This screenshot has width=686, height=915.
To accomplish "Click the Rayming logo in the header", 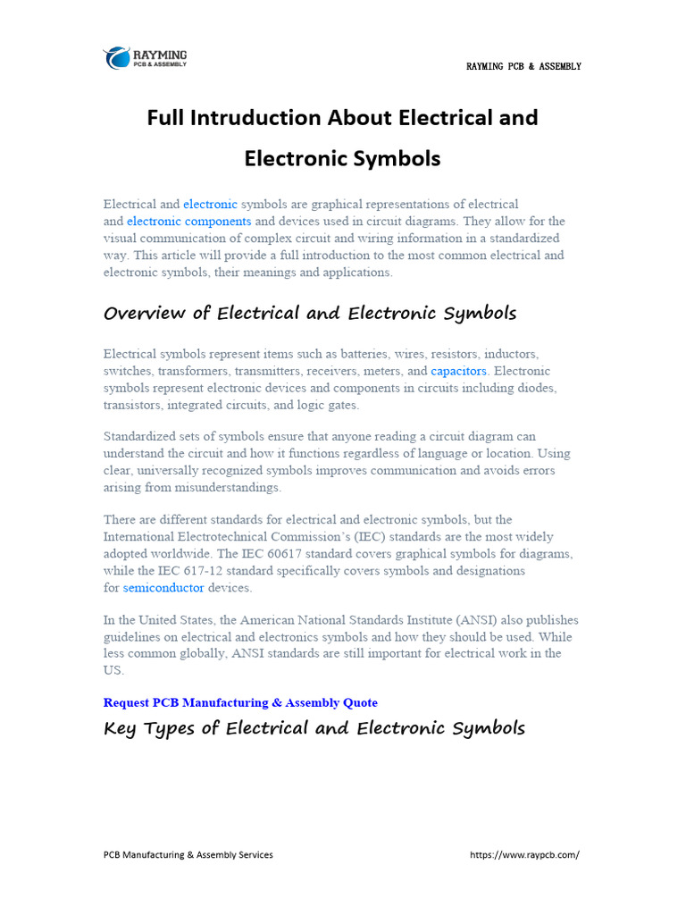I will [x=145, y=58].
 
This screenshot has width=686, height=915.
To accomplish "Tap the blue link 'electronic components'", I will [x=188, y=222].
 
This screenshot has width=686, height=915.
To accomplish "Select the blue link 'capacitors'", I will [x=458, y=371].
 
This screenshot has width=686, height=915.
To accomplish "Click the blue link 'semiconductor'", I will [x=163, y=588].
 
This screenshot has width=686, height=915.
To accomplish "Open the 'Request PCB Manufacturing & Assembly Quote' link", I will [x=240, y=702].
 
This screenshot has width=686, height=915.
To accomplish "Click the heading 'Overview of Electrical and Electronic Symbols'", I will [x=310, y=314].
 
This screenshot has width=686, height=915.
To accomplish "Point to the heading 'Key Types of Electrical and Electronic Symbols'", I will [x=314, y=728].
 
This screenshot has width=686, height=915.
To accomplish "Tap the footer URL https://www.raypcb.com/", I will [x=524, y=855].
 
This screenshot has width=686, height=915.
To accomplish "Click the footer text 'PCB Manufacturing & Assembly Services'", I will [x=188, y=855].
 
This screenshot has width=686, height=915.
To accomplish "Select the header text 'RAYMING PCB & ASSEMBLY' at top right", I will [x=523, y=67].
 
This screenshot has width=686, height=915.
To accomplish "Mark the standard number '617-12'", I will [x=213, y=571].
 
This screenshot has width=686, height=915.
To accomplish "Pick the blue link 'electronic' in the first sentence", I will [x=210, y=205].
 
